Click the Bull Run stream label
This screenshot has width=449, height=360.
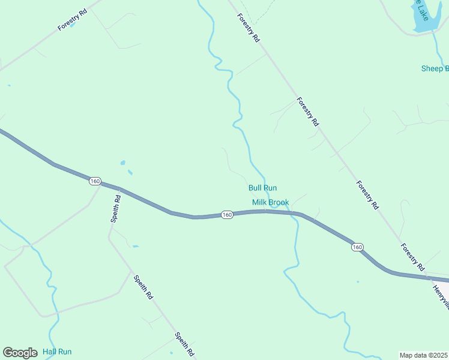click(262, 188)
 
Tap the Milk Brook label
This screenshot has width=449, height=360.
click(270, 202)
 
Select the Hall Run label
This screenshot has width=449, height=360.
click(57, 352)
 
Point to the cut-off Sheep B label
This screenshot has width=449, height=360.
click(435, 68)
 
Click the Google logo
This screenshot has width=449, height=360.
click(20, 353)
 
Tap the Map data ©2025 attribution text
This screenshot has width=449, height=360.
click(423, 355)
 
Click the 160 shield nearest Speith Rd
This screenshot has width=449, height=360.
click(94, 181)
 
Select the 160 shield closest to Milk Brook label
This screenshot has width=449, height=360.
click(226, 215)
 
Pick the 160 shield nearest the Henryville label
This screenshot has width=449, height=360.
click(357, 247)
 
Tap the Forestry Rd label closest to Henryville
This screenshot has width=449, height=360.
click(413, 256)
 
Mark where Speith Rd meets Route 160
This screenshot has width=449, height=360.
click(119, 190)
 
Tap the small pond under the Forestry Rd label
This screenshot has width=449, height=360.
click(72, 26)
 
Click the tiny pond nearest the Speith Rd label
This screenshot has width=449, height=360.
click(135, 246)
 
